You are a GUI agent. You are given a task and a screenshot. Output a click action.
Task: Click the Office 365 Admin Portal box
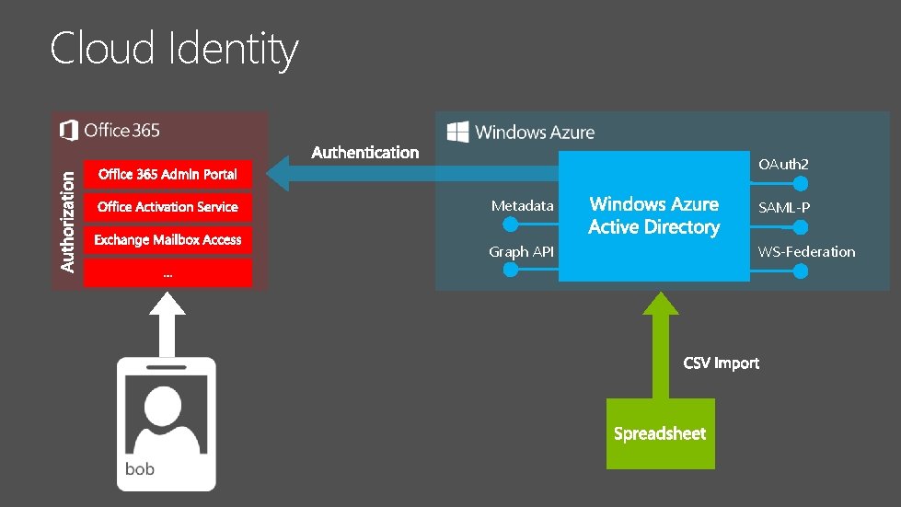[x=167, y=174]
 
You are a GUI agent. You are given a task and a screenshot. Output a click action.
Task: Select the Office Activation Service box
[x=167, y=207]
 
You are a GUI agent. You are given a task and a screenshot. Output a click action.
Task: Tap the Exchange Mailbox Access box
[x=167, y=240]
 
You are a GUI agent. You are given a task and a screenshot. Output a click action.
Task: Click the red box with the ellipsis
[x=167, y=273]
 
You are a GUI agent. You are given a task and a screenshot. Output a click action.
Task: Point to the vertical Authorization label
[x=67, y=218]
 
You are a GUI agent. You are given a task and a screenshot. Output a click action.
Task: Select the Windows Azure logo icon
[x=457, y=132]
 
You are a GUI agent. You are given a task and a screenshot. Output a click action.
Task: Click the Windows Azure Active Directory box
[x=654, y=216]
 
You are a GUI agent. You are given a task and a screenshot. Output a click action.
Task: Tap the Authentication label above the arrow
[x=365, y=153]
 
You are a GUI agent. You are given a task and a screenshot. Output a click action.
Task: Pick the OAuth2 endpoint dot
[x=802, y=182]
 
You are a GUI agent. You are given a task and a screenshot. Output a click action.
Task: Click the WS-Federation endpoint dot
[x=802, y=271]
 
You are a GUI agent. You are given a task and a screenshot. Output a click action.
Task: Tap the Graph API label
[x=521, y=251]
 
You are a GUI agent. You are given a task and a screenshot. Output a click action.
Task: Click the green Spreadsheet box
[x=660, y=433]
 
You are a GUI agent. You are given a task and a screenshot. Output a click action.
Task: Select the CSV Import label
[x=722, y=363]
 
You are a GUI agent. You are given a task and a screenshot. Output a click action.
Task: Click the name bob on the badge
[x=140, y=469]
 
